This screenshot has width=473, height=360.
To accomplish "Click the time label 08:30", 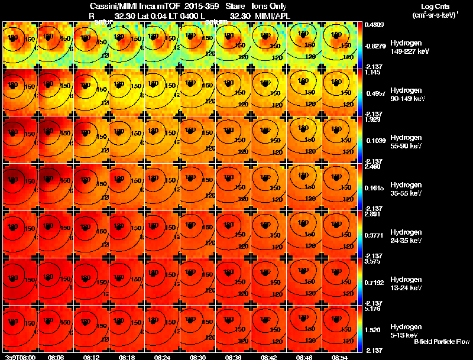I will coord(198,357).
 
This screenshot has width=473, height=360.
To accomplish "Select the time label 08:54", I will coord(340,357).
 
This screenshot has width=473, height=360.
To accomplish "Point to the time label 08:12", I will coord(92,357).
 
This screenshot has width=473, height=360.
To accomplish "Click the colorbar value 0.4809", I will coord(372,25).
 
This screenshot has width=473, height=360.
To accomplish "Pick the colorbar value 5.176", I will coord(372,309).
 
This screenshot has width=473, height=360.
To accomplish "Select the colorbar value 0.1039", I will coord(372,142).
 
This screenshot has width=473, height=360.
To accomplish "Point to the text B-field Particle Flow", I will coord(442,342).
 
